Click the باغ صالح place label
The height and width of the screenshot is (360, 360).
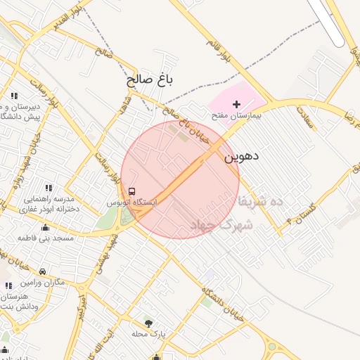pyautogui.click(x=150, y=80)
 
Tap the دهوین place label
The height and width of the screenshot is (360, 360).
pyautogui.click(x=241, y=156)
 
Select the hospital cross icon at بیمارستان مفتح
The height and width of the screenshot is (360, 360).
pyautogui.click(x=236, y=104)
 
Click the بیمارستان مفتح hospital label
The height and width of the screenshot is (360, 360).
pyautogui.click(x=238, y=115)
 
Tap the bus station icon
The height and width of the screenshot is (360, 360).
pyautogui.click(x=132, y=192)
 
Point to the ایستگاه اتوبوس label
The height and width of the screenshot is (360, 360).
pyautogui.click(x=132, y=202)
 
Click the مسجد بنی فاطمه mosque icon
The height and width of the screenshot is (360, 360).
pyautogui.click(x=46, y=227)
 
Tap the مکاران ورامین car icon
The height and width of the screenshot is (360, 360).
pyautogui.click(x=42, y=271)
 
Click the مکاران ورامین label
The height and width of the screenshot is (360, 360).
pyautogui.click(x=41, y=283)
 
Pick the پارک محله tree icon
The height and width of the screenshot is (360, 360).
pyautogui.click(x=148, y=323)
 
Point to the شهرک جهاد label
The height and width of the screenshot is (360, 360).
pyautogui.click(x=221, y=224)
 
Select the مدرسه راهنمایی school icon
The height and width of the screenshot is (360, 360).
pyautogui.click(x=49, y=188)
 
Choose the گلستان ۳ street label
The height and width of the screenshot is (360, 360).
pyautogui.click(x=290, y=214)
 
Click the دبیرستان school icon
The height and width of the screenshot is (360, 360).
pyautogui.click(x=14, y=96)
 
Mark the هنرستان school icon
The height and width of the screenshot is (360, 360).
pyautogui.click(x=8, y=285)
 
